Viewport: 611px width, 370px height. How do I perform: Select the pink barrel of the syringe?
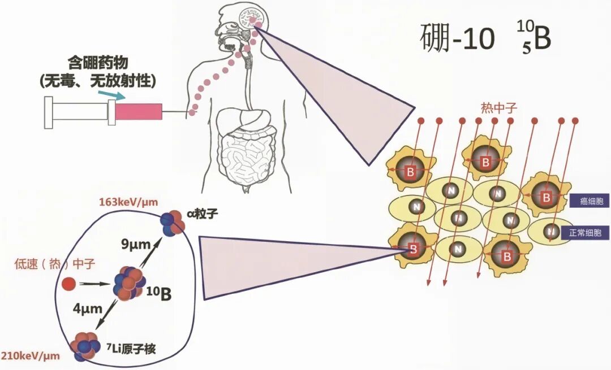pyautogui.click(x=139, y=111)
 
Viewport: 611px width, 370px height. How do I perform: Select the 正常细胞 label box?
pyautogui.click(x=584, y=232)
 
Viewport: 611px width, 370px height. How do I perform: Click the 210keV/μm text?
pyautogui.click(x=31, y=356)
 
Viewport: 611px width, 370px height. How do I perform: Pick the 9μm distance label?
pyautogui.click(x=135, y=245)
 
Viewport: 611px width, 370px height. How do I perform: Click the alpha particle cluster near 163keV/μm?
pyautogui.click(x=173, y=223)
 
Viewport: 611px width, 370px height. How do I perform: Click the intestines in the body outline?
pyautogui.click(x=248, y=155)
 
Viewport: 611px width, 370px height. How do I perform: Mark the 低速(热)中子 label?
pyautogui.click(x=46, y=264)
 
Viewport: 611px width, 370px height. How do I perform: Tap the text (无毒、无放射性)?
pyautogui.click(x=97, y=81)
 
